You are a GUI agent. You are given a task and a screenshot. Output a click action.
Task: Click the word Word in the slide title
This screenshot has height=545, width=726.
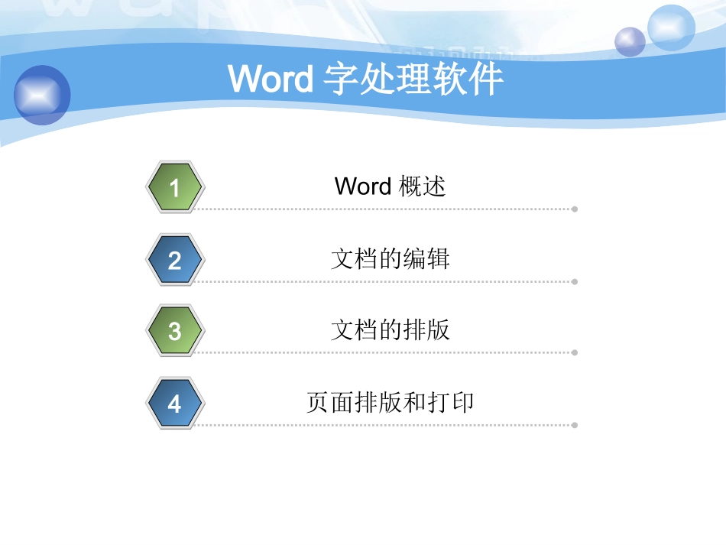click(x=270, y=79)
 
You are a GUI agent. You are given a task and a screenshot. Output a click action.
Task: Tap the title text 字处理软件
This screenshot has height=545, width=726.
click(x=413, y=79)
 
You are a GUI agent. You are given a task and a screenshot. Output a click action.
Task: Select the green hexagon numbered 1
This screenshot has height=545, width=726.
click(x=174, y=187)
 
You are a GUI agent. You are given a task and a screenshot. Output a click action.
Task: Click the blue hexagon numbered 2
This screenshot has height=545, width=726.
click(x=174, y=260)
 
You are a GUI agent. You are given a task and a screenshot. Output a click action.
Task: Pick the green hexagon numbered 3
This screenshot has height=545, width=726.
click(x=174, y=331)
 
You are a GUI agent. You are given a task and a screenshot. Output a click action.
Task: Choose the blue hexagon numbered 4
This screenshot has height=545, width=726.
click(x=174, y=403)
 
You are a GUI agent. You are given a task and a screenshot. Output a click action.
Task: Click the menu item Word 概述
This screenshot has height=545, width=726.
click(x=390, y=186)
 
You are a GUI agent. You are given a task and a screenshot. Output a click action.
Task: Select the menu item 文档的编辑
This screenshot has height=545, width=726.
click(x=390, y=258)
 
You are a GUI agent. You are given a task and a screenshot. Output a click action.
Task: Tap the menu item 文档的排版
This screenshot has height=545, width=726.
click(x=390, y=329)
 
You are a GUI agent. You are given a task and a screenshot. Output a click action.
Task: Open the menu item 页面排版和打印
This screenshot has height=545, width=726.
click(x=390, y=402)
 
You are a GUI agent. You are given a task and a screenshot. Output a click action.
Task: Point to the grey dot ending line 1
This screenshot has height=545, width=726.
click(x=575, y=209)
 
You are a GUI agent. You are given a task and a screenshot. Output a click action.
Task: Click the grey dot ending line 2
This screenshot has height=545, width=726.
click(x=575, y=281)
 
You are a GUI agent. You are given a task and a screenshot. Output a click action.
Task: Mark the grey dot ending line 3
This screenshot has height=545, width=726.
click(x=575, y=352)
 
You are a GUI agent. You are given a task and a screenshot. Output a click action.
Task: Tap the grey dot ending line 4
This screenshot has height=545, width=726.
click(x=575, y=425)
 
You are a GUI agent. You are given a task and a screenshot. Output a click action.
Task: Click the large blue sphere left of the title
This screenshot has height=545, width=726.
click(x=42, y=95)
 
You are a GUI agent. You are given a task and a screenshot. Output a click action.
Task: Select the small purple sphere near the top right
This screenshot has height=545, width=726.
click(x=630, y=41)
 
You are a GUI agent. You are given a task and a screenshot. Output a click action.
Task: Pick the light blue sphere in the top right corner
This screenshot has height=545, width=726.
click(x=671, y=28)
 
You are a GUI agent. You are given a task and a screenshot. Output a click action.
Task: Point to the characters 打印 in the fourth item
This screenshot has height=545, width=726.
click(x=451, y=402)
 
